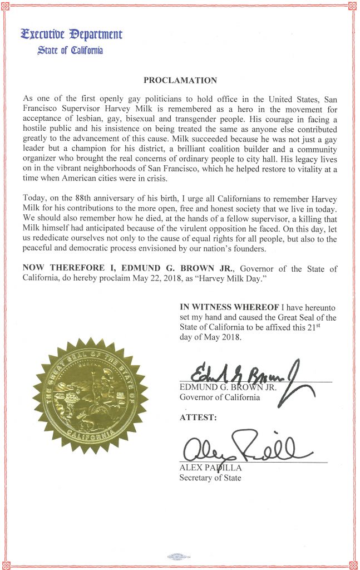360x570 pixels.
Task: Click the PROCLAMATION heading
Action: click(x=180, y=80)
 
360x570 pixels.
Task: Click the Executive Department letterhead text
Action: click(x=71, y=34)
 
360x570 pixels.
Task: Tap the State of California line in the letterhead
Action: click(x=70, y=51)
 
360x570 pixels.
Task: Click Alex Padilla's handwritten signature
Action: click(x=245, y=446)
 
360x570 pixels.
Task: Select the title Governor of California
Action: click(x=219, y=397)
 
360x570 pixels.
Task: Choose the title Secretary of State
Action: click(x=210, y=478)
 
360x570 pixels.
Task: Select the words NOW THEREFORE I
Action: click(x=61, y=269)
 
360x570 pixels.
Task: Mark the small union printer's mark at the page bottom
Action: click(x=178, y=556)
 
